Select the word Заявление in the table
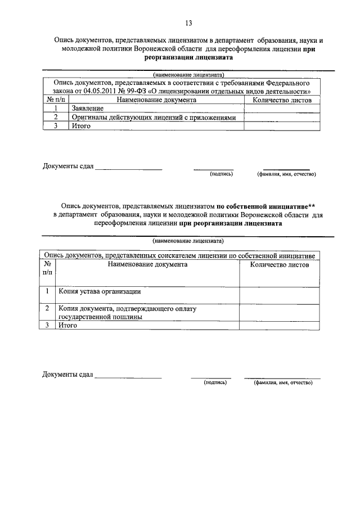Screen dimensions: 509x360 click(87, 109)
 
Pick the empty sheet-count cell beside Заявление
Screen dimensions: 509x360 click(282, 109)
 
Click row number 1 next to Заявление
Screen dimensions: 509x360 click(56, 109)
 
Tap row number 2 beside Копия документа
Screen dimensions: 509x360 click(47, 309)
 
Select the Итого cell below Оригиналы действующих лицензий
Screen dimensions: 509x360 click(80, 127)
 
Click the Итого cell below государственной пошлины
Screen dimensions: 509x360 click(69, 325)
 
